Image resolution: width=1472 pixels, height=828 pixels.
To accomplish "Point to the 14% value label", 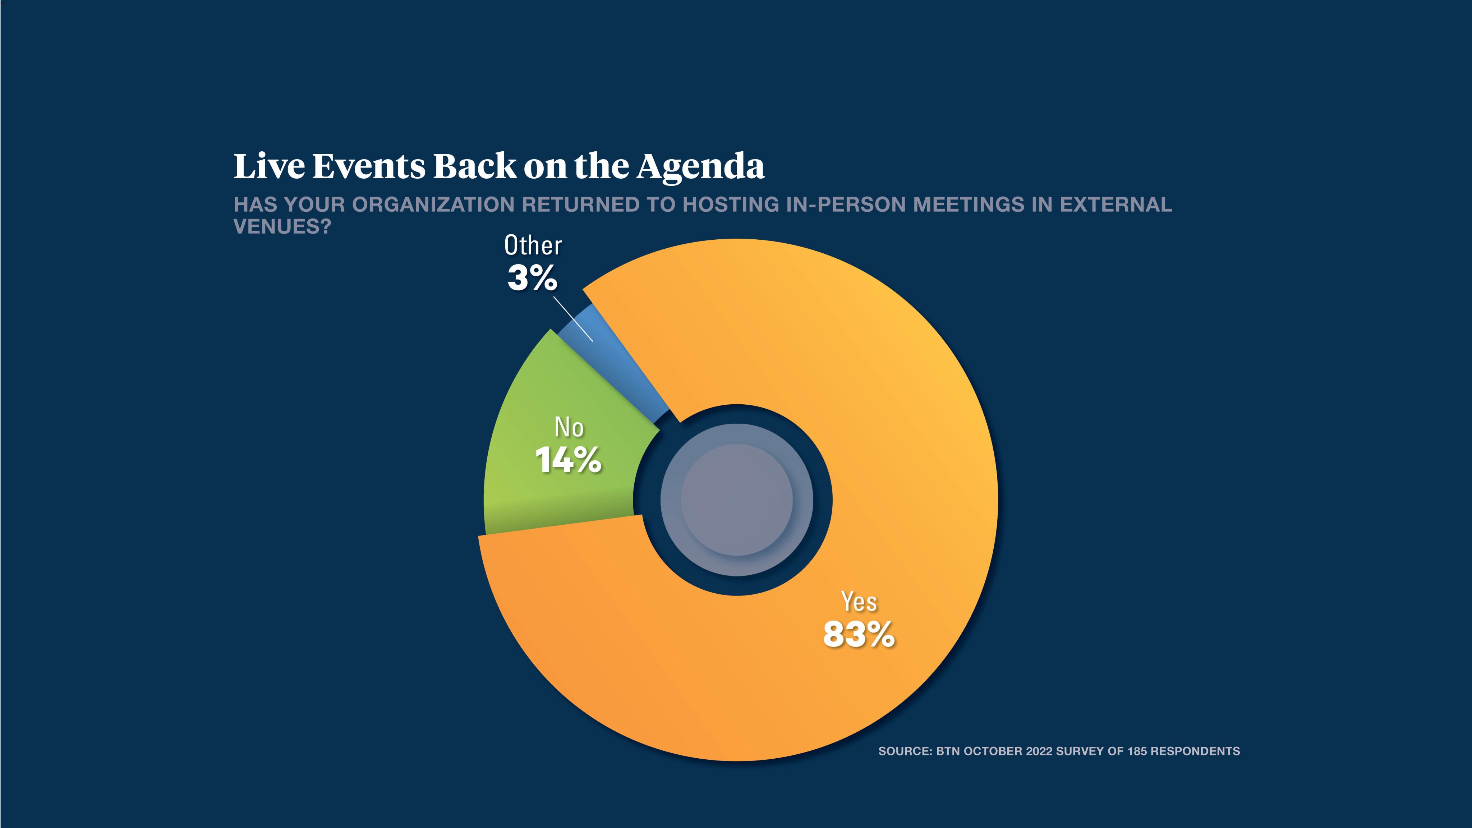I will (x=569, y=460).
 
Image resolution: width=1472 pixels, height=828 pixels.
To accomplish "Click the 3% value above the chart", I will (x=532, y=279).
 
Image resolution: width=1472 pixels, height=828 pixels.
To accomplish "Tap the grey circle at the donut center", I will (x=737, y=500).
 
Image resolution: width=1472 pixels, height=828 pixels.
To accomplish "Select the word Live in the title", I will (x=269, y=166).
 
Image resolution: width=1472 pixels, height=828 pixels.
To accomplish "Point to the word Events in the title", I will (x=369, y=166).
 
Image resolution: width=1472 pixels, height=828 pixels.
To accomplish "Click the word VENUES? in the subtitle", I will (x=282, y=227).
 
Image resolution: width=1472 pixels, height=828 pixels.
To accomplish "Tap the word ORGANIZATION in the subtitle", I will (x=433, y=204).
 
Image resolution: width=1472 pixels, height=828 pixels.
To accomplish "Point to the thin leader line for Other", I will (x=573, y=318).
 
